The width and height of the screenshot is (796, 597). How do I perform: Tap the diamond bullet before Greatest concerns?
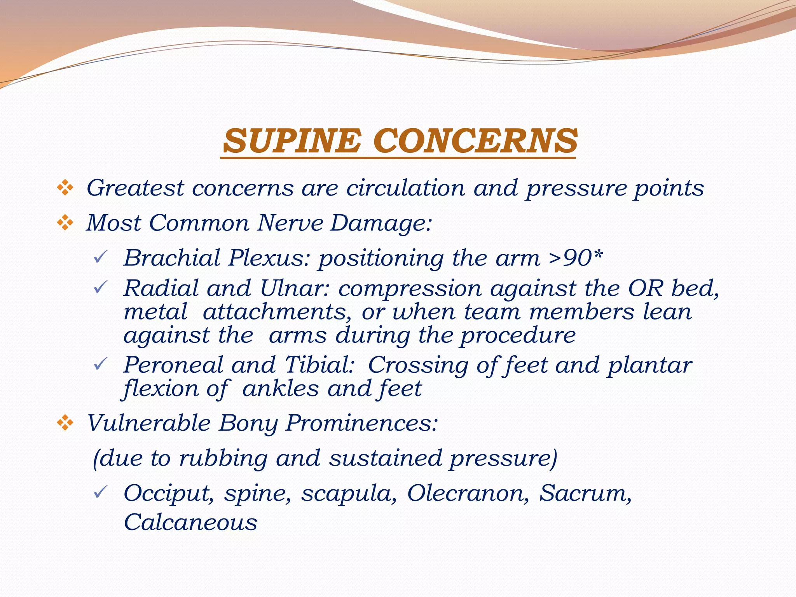tap(65, 189)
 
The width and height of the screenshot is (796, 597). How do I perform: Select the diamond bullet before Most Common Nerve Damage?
tap(65, 223)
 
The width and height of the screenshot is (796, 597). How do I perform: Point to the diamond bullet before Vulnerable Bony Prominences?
tap(65, 423)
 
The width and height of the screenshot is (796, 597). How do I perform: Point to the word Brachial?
tap(172, 258)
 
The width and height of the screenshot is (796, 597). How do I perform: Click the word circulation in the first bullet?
tap(405, 188)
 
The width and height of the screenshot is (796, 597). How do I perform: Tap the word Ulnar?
tap(295, 288)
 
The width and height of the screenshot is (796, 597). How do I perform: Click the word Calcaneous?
tap(190, 522)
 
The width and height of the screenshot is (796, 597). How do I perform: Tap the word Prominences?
tap(361, 423)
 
